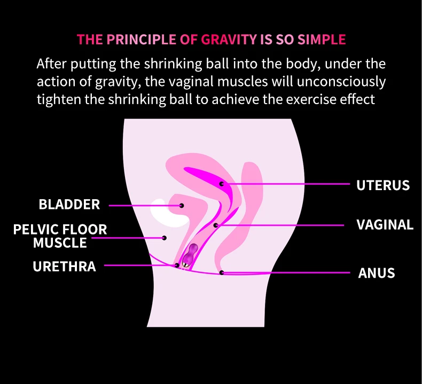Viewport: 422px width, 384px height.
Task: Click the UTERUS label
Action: pyautogui.click(x=383, y=185)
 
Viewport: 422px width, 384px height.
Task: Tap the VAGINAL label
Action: pyautogui.click(x=385, y=225)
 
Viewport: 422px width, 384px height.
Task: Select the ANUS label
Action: pyautogui.click(x=377, y=273)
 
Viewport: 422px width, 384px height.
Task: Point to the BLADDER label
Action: pyautogui.click(x=69, y=205)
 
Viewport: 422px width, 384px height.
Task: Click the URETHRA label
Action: pyautogui.click(x=65, y=267)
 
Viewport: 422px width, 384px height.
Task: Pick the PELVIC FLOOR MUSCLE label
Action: pyautogui.click(x=60, y=236)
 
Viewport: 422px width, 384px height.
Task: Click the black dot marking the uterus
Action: pyautogui.click(x=222, y=184)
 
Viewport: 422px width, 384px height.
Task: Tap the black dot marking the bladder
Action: pyautogui.click(x=182, y=205)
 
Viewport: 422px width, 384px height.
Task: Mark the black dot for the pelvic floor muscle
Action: pyautogui.click(x=165, y=238)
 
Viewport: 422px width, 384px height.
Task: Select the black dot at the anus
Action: pyautogui.click(x=222, y=273)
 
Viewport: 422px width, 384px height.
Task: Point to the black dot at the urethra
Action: pyautogui.click(x=177, y=265)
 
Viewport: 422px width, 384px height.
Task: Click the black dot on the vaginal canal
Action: pyautogui.click(x=216, y=225)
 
